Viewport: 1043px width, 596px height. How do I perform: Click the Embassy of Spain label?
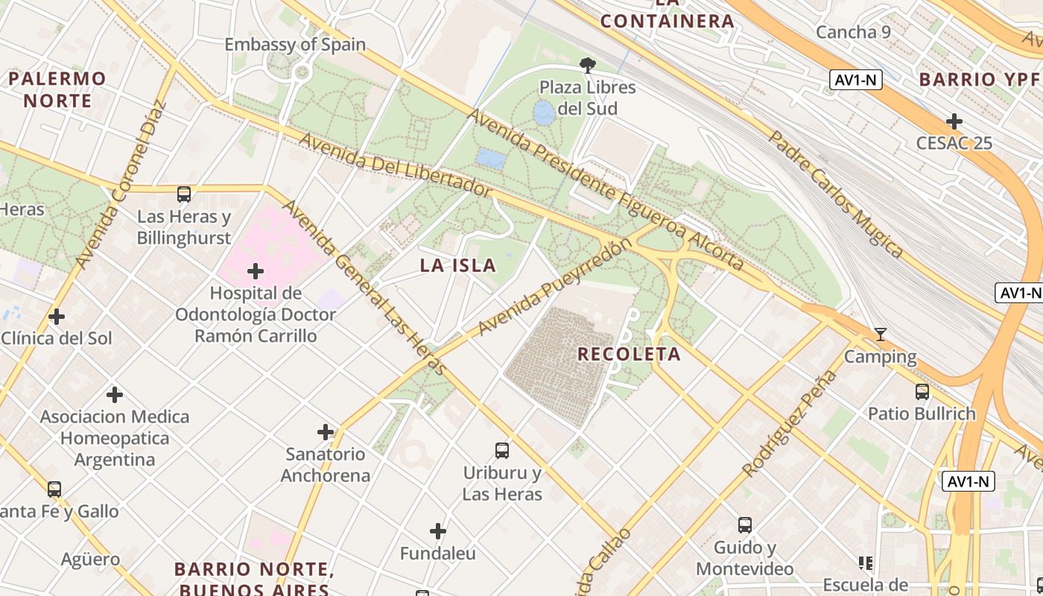[295, 44]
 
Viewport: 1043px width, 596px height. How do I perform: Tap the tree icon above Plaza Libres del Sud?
[588, 66]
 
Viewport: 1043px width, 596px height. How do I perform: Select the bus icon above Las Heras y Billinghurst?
[184, 194]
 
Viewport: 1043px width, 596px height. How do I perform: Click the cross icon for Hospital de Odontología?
[256, 270]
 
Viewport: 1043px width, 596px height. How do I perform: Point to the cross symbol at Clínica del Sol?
[57, 317]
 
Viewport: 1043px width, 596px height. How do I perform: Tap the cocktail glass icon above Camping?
[880, 335]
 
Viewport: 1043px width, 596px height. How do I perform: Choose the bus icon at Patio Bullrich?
[922, 391]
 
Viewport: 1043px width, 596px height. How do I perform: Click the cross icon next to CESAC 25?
[954, 121]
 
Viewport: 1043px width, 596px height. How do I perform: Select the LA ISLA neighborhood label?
[457, 265]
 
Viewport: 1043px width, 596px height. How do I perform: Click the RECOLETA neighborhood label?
[630, 355]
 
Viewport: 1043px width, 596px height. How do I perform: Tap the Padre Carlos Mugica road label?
[836, 194]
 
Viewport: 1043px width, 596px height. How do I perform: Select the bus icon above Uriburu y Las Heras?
[502, 450]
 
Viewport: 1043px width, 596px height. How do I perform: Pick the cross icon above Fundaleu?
[438, 531]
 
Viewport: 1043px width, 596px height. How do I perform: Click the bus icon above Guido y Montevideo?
[744, 524]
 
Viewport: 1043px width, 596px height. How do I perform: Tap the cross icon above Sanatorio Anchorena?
[326, 431]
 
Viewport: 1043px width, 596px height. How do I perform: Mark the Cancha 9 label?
[853, 32]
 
